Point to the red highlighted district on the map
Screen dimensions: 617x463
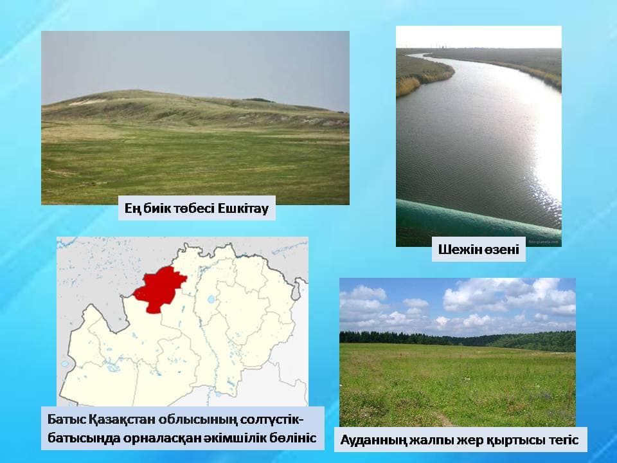pos(159,289)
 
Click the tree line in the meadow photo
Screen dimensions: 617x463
pos(457,340)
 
